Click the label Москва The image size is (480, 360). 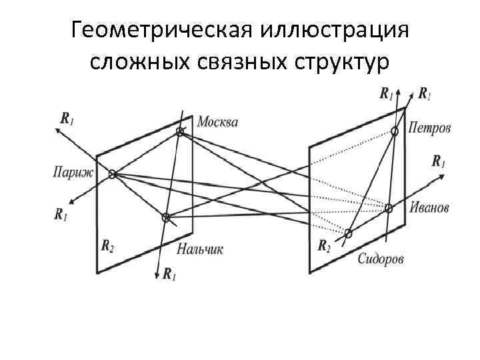point(217,122)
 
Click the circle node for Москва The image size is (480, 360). point(179,133)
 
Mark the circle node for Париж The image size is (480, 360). point(113,174)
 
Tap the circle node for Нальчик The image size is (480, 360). point(167,217)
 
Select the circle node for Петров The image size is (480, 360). point(395,132)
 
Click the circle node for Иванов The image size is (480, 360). point(389,208)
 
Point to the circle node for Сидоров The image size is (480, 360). point(347,233)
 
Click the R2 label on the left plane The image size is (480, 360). point(107,245)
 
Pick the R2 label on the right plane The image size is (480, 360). point(323,246)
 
